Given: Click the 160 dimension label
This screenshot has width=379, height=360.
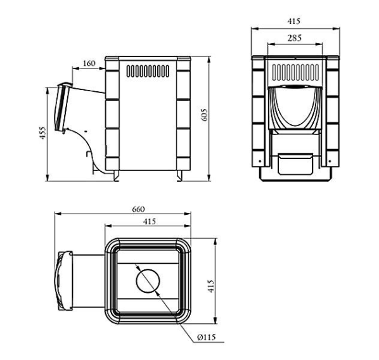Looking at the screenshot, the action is pos(89,63).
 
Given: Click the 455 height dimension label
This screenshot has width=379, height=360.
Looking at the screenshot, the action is pos(42,132).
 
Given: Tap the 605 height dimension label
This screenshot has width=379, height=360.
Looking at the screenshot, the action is pos(204,115).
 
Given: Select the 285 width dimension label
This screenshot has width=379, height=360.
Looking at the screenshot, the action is pos(295,38).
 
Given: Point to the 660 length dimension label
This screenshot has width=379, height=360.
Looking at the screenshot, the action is pos(138,209).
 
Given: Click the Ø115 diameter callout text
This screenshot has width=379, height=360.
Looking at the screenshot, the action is pos(206,337).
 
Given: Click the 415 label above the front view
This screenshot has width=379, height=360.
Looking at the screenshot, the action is pos(293,22).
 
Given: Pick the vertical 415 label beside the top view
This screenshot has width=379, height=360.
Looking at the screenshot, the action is pos(211,286).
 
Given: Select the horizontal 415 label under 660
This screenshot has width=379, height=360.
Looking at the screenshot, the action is pos(150,221).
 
